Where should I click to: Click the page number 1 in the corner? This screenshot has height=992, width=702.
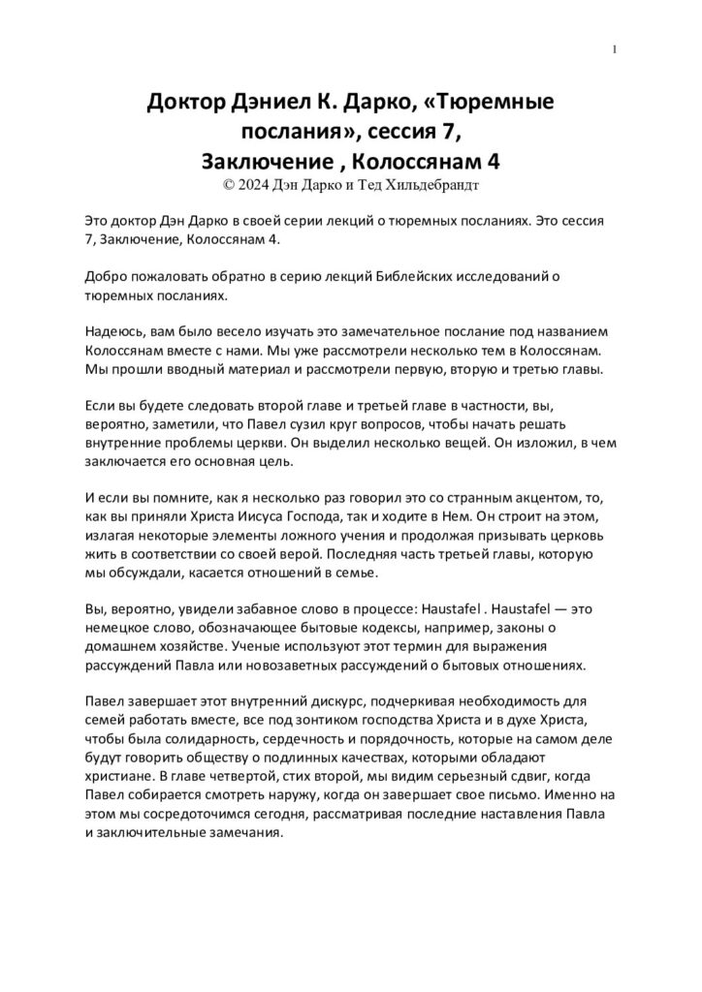(616, 50)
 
